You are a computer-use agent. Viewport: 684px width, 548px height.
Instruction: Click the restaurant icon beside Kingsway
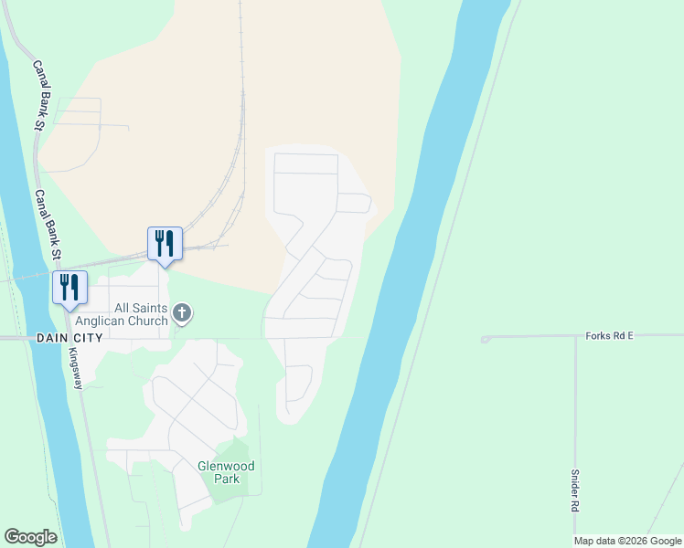click(69, 288)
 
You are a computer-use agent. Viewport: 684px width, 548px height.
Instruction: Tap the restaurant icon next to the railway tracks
click(165, 244)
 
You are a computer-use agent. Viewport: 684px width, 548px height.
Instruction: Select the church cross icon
click(182, 314)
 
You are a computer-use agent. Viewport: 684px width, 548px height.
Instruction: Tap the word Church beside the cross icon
click(147, 321)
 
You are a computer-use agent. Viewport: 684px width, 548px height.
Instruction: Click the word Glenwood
click(226, 466)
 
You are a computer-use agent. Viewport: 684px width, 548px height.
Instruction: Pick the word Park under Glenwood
click(226, 478)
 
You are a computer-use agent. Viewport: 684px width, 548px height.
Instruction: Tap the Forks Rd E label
click(610, 336)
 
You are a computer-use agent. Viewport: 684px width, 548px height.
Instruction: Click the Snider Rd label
click(575, 490)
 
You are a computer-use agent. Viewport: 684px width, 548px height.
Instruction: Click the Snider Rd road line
click(575, 411)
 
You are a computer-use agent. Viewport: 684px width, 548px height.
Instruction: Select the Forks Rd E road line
click(530, 337)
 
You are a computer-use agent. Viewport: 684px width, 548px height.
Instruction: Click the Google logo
click(30, 537)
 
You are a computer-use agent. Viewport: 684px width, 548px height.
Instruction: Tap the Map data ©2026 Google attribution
click(627, 541)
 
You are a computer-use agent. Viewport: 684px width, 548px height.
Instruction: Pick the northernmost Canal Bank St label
click(40, 95)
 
